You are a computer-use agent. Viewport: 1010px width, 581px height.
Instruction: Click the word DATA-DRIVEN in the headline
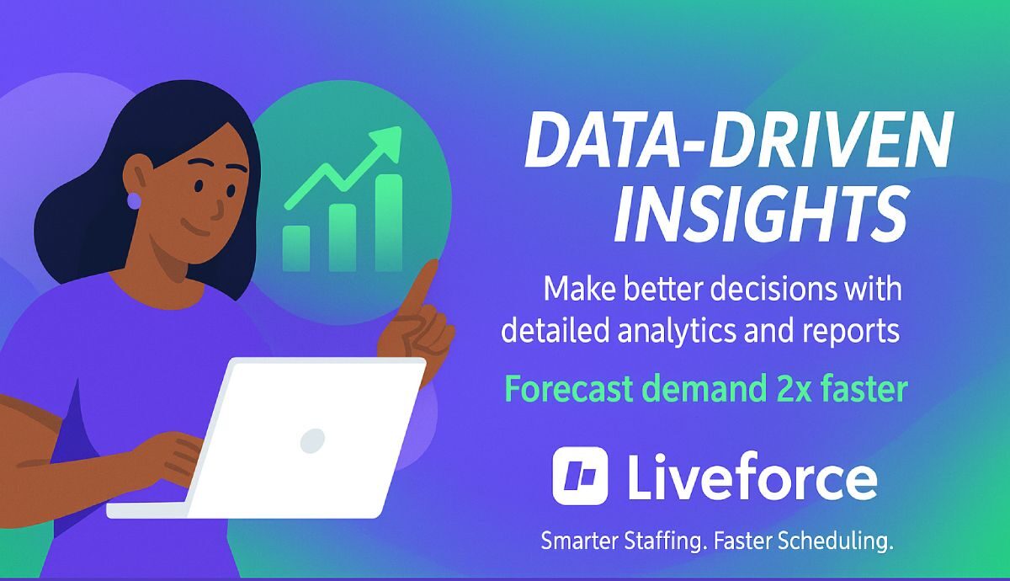click(x=738, y=144)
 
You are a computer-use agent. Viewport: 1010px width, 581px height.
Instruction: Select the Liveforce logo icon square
click(x=580, y=477)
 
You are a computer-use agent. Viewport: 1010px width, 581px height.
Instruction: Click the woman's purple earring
click(x=133, y=200)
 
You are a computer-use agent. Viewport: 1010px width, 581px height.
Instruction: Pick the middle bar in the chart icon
click(x=342, y=237)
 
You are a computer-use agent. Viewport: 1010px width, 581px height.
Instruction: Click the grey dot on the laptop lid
click(x=312, y=439)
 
